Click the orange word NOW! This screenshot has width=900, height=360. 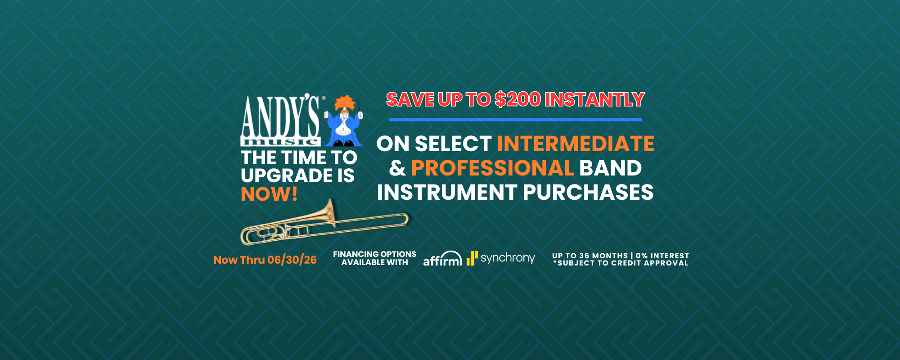click(269, 194)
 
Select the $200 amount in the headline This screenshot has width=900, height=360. click(518, 99)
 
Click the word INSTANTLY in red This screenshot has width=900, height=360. click(595, 99)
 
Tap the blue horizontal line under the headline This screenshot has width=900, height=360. click(515, 120)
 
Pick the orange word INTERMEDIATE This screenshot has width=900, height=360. click(576, 144)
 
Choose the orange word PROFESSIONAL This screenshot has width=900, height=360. click(492, 168)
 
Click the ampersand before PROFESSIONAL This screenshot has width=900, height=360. click(397, 168)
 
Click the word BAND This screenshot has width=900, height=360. click(611, 168)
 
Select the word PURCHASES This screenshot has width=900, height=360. click(588, 193)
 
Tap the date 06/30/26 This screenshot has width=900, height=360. click(292, 260)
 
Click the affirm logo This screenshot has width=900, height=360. click(443, 258)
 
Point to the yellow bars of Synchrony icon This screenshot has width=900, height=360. click(472, 258)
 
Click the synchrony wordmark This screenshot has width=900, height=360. click(508, 258)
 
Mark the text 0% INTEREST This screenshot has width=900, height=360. click(662, 256)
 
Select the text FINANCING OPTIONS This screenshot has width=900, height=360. click(374, 254)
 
